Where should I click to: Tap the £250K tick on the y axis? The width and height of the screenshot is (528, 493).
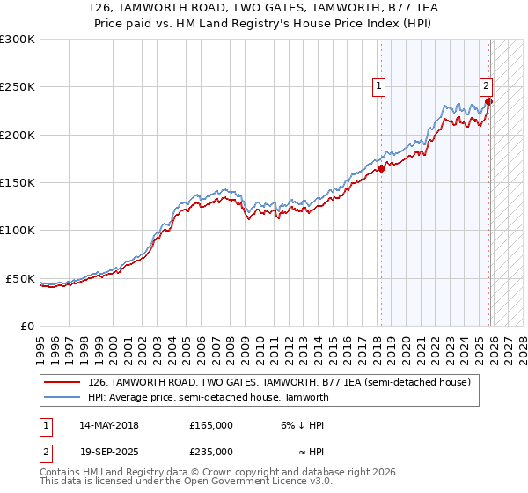coord(18,87)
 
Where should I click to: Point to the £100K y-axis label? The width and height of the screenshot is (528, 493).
coord(18,230)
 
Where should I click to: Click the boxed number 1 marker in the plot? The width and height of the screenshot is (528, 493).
coord(378,86)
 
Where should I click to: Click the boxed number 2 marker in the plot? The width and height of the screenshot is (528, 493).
coord(486,86)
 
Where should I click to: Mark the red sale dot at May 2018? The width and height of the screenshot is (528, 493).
coord(381,168)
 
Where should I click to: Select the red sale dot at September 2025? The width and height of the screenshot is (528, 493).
coord(489,101)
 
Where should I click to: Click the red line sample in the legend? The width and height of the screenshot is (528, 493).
coord(63,382)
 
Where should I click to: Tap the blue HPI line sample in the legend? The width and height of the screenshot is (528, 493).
coord(63,397)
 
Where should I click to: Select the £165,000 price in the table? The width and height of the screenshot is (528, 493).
coord(211,425)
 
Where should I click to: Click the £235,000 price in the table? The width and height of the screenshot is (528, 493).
coord(211,452)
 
